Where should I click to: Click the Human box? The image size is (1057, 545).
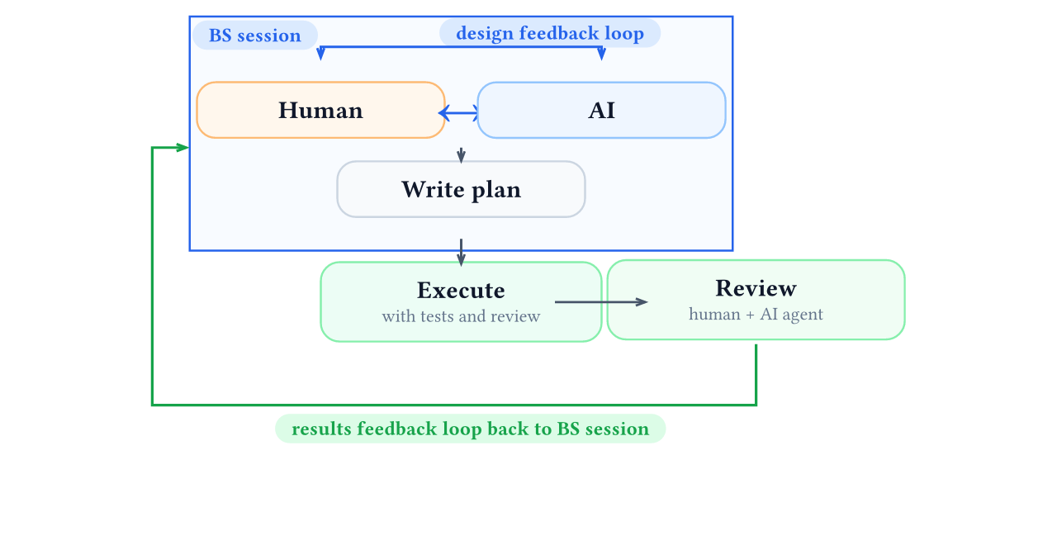(320, 110)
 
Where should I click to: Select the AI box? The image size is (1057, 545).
(601, 110)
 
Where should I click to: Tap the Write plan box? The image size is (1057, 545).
(461, 189)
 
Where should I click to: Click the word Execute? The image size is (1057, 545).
(461, 291)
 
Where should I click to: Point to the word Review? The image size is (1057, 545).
(756, 288)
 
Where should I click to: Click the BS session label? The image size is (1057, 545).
(254, 36)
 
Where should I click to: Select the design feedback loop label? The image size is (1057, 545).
(550, 33)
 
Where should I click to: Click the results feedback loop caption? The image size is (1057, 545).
(470, 429)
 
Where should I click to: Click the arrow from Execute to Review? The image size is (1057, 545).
(600, 302)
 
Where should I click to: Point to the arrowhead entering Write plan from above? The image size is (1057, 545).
(461, 157)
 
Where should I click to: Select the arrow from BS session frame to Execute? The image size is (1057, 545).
(461, 252)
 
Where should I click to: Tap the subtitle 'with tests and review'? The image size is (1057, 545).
(461, 316)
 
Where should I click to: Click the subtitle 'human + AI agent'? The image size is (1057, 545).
(756, 314)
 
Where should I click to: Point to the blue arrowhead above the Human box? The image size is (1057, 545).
(320, 54)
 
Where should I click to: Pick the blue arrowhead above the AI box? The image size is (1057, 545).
(601, 54)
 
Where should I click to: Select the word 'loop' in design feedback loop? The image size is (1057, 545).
(623, 33)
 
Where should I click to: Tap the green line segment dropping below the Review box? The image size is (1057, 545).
(756, 373)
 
